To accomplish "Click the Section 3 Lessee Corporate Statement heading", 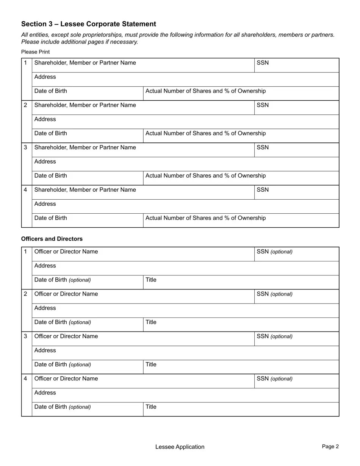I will (88, 24).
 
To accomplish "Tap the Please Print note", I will (35, 52).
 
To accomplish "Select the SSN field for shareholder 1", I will (296, 65).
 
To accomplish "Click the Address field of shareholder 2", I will (185, 122).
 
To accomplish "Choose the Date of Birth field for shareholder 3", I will (87, 178).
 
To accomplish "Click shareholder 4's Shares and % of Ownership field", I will (241, 220).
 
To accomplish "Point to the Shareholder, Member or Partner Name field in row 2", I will (143, 108).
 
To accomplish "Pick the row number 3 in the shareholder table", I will (25, 147).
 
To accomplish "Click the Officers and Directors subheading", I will (52, 239).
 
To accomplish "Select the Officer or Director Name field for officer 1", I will (143, 254).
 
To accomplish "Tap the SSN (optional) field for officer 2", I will (296, 296).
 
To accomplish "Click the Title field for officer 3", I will (241, 367).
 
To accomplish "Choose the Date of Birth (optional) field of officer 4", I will (87, 409).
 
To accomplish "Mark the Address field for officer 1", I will (185, 268).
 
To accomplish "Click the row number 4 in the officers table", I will (25, 378).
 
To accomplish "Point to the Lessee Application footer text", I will (180, 447).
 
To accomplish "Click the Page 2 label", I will (330, 446).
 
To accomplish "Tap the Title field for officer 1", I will (241, 282).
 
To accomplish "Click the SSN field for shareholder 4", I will (296, 192).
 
